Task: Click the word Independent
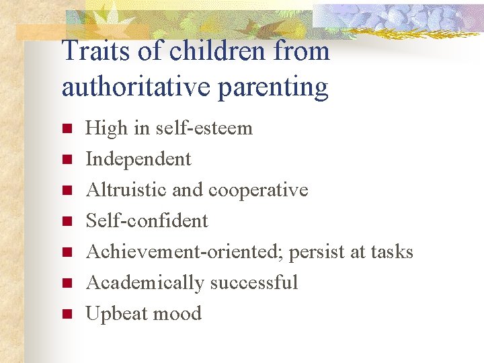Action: coord(138,159)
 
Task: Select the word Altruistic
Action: coord(126,190)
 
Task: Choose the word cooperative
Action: coord(258,190)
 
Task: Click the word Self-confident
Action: coord(147,220)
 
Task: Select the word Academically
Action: coord(145,282)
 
